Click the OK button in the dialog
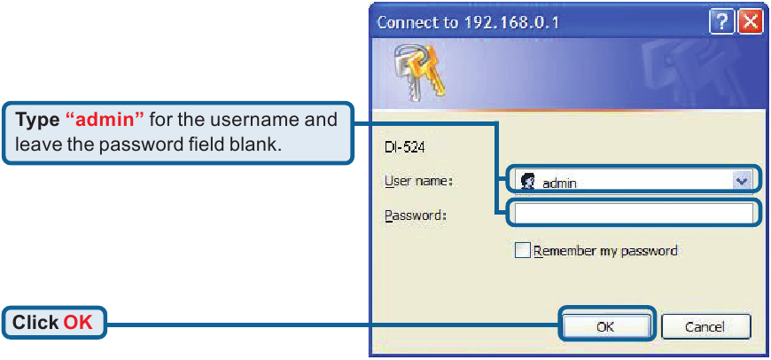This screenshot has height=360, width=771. pos(605,326)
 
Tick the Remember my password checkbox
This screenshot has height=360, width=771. pos(523,251)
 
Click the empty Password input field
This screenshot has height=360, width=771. pos(634,213)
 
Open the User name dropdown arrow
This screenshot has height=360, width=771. pos(743,181)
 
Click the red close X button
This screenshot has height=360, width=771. pos(750,21)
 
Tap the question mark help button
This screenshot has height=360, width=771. pos(721,21)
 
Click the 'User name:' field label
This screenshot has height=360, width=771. pos(419,181)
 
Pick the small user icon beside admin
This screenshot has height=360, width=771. pos(527,182)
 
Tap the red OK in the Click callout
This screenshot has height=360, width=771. pos(78,323)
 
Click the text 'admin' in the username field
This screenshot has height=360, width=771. pos(560,183)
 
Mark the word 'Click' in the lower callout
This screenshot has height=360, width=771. pos(35,323)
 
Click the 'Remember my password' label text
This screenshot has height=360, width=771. pos(605,251)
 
